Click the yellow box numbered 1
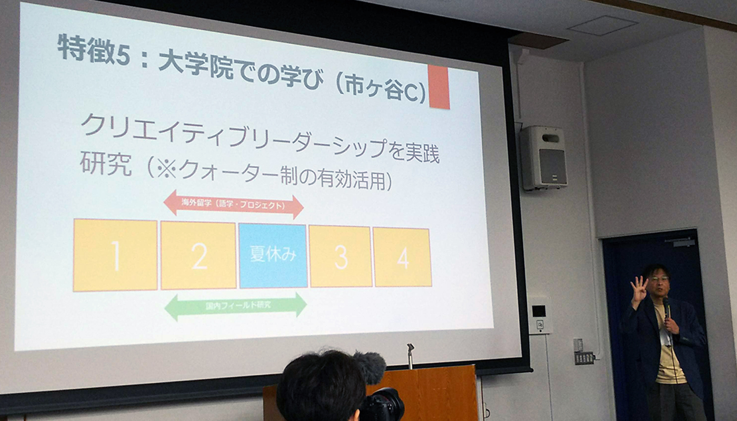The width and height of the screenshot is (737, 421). coord(115,255)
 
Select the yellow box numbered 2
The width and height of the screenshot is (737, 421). coord(198,256)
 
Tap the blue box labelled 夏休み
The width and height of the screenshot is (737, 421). coord(273,256)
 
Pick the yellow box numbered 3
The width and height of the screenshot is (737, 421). coord(341,256)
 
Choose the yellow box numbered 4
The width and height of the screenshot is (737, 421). coord(402,257)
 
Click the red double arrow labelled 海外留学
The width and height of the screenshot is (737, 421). coord(234,204)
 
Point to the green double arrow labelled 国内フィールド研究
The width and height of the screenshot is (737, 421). coord(236,306)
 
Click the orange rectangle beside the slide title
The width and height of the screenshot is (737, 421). coord(439,87)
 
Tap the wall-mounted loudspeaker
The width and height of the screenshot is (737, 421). coord(543,157)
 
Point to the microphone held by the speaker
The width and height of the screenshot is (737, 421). coord(666,307)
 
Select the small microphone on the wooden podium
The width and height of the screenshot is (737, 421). coord(410,356)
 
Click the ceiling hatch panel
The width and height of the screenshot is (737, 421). coord(602,25)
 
